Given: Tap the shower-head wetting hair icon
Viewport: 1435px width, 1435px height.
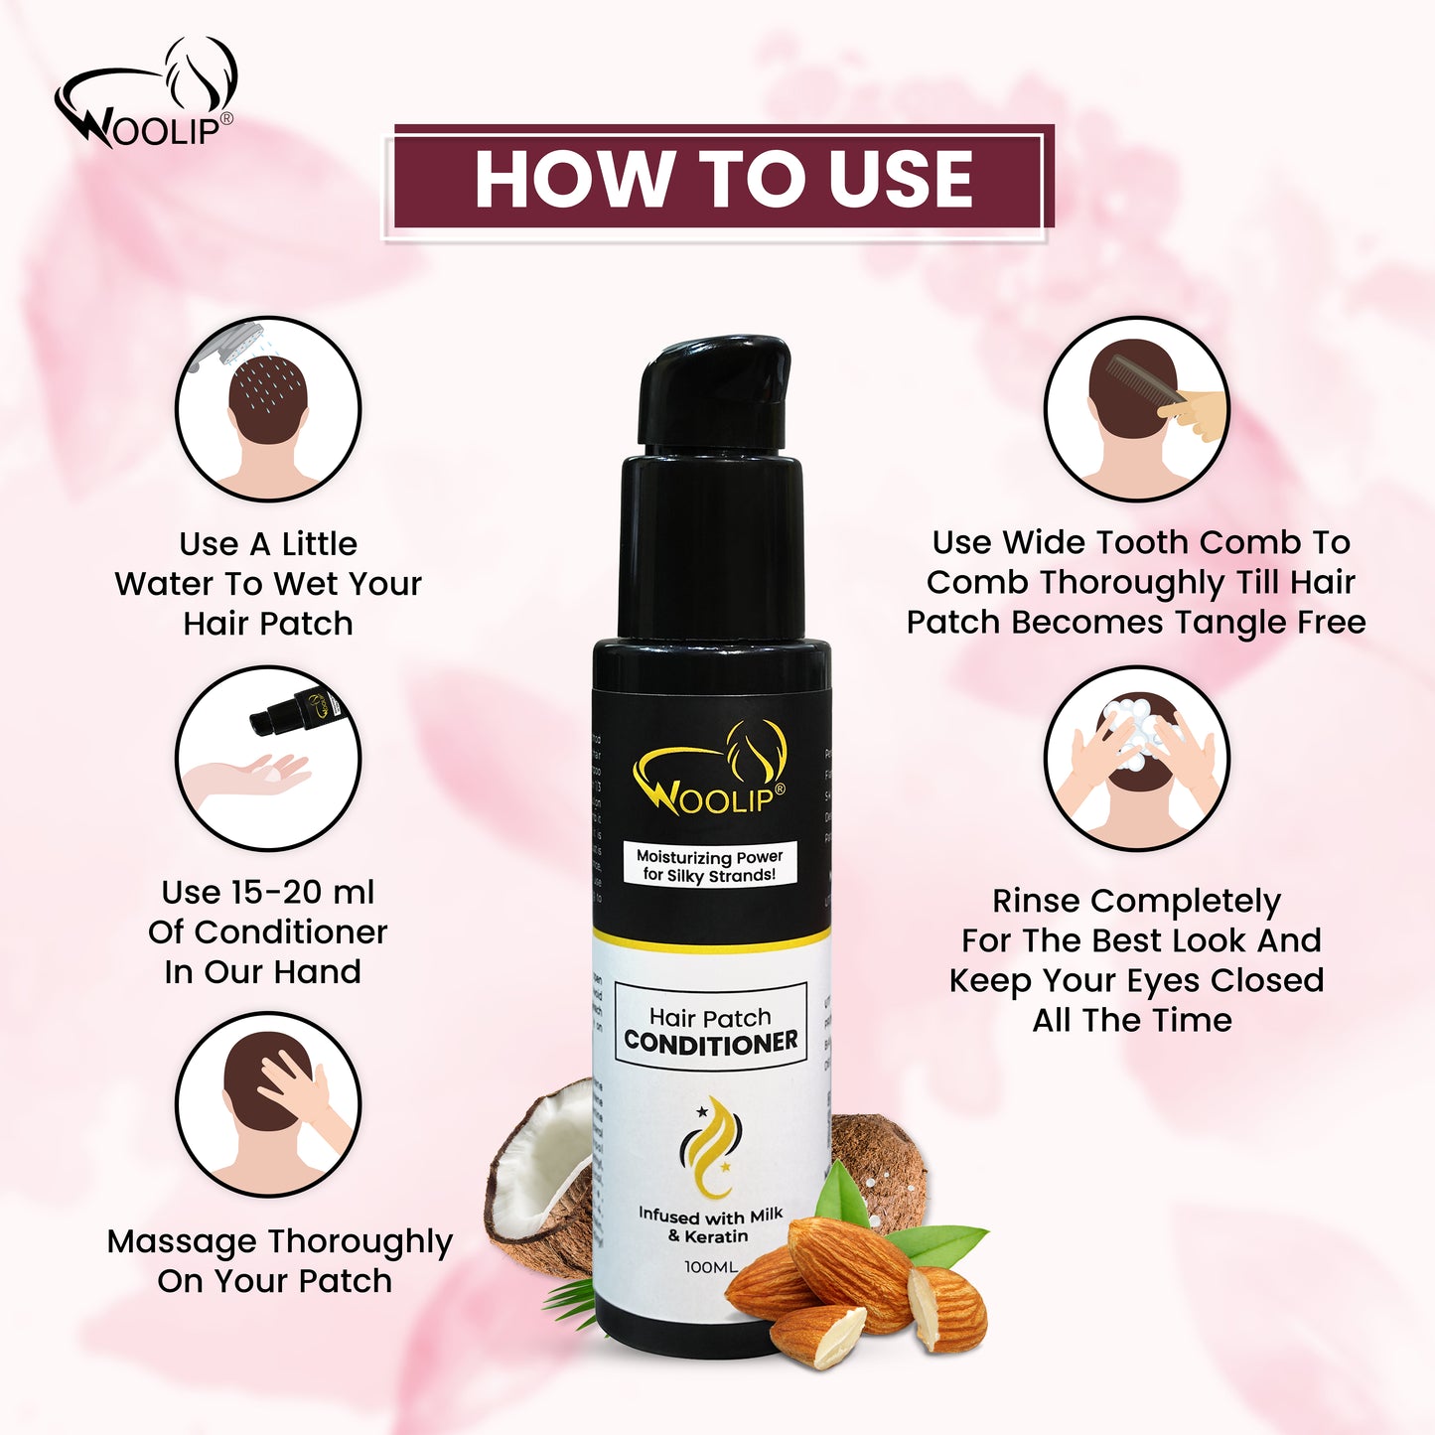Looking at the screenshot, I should (267, 408).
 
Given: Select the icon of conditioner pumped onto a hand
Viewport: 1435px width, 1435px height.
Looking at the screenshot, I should (267, 758).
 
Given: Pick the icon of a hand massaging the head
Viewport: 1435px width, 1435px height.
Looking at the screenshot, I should (267, 1104).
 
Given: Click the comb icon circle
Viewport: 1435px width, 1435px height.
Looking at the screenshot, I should (1136, 408).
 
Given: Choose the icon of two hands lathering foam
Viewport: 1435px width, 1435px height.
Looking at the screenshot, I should (1136, 758).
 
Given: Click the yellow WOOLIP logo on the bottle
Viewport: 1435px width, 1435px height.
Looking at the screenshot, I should (710, 775).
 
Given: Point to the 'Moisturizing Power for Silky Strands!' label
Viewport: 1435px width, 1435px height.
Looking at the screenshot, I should (709, 865).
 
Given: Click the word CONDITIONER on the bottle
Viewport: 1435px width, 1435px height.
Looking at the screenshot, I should (711, 1042).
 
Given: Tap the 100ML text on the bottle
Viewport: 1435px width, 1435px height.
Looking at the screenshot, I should (711, 1267).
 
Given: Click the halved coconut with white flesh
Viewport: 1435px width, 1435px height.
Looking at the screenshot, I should (541, 1172).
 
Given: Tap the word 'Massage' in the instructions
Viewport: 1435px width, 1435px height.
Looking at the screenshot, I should (182, 1241).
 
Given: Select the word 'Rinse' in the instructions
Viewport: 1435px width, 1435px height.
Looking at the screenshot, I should (1036, 901).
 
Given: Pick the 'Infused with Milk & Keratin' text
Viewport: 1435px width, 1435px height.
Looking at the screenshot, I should (709, 1225).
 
